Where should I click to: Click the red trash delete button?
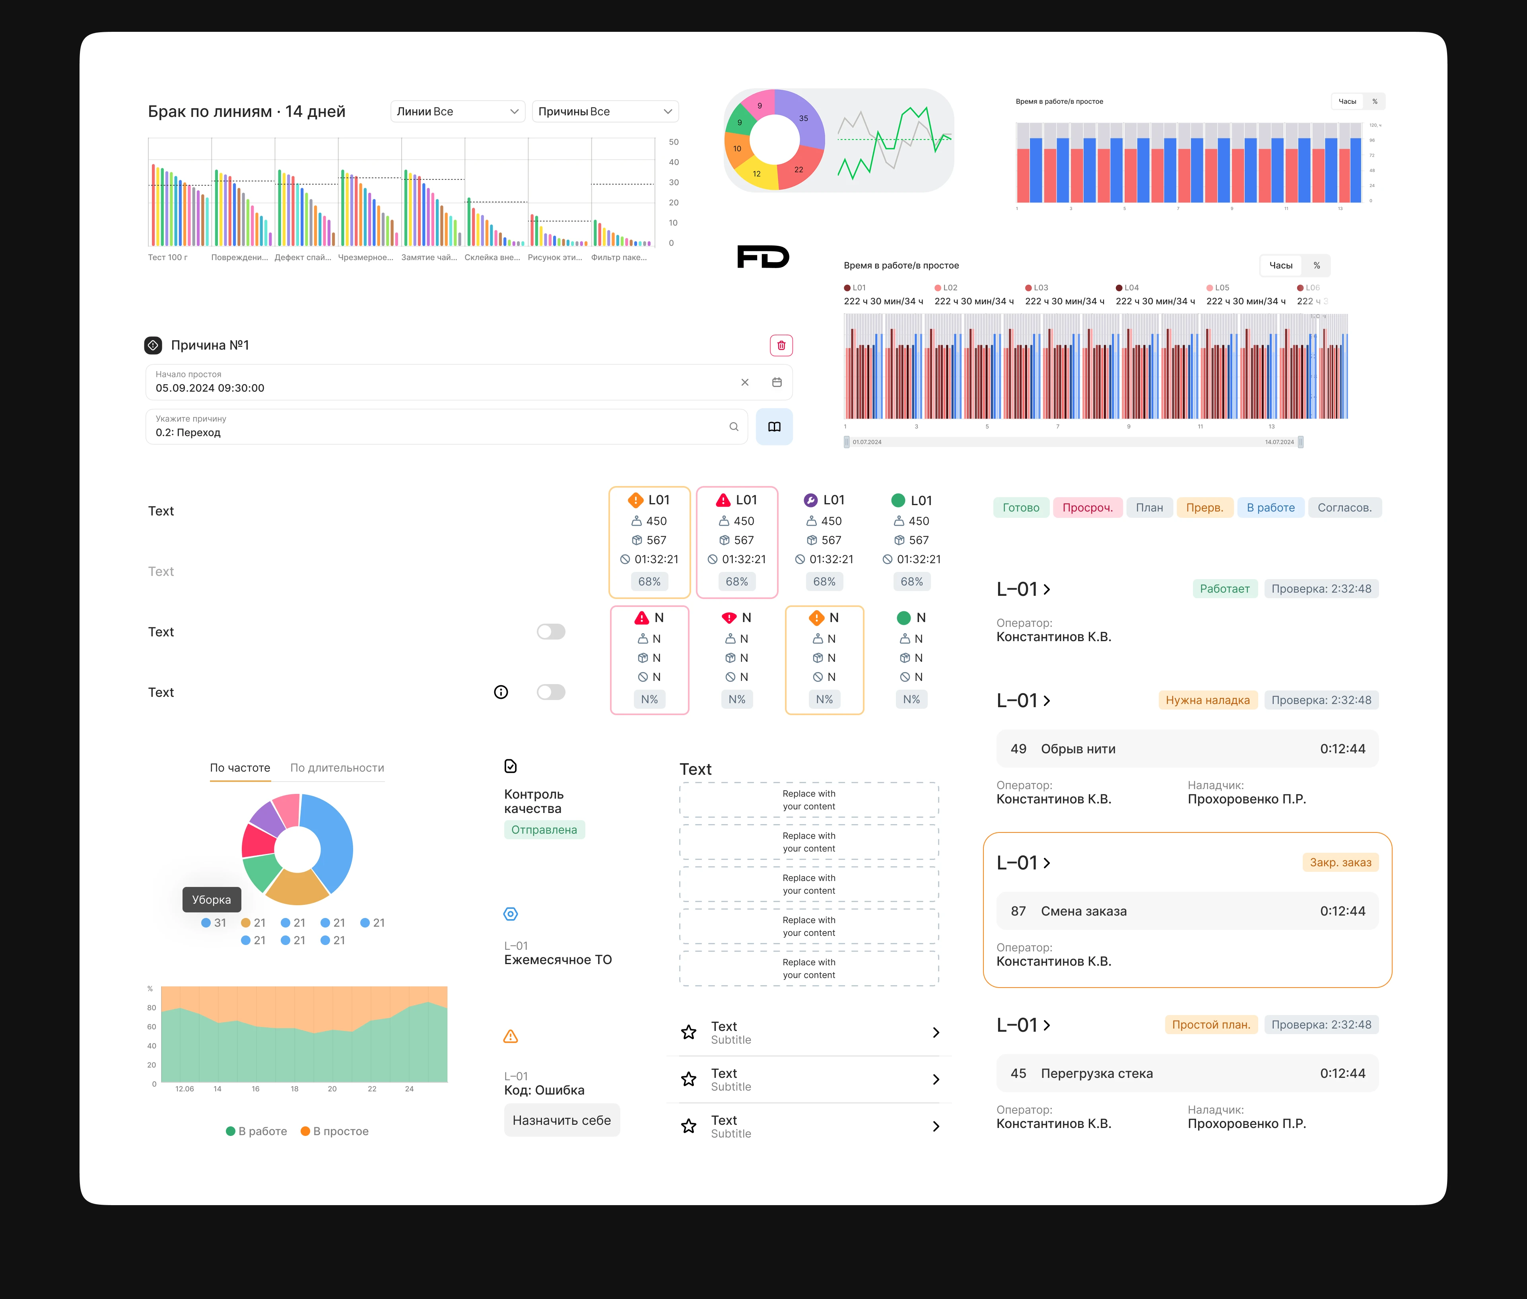pos(781,345)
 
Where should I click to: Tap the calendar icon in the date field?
pos(777,382)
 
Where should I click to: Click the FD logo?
pos(763,257)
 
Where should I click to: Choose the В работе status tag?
pos(1270,508)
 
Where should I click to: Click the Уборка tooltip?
pos(211,899)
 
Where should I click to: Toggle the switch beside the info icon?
pos(551,692)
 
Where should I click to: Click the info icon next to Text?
pos(501,692)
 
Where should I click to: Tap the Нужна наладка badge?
pos(1207,700)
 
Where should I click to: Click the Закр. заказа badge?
pos(1340,862)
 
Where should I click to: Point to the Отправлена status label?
pos(544,830)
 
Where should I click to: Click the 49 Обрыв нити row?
pos(1187,749)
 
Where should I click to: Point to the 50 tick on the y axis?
pos(673,142)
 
